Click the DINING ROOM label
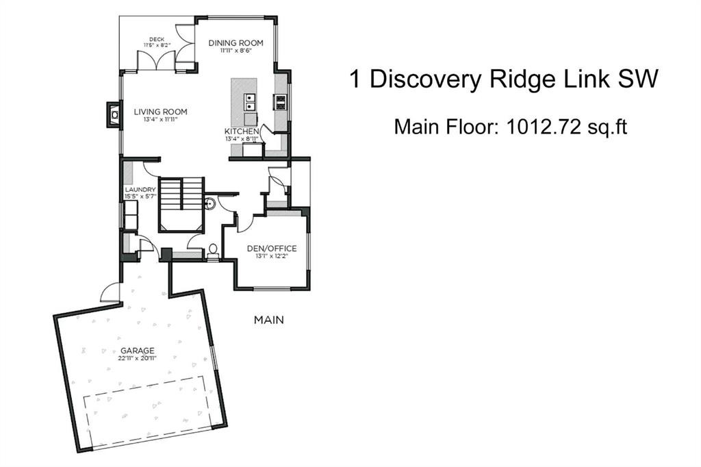[x=235, y=42]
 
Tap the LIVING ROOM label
[x=160, y=112]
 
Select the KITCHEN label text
[x=242, y=131]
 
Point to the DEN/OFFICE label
[x=272, y=248]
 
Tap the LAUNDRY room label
[x=141, y=189]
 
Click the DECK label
[x=157, y=39]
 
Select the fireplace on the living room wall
[x=112, y=115]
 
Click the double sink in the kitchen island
[x=250, y=103]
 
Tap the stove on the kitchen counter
[x=281, y=102]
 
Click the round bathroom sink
[x=211, y=203]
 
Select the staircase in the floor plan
[x=181, y=202]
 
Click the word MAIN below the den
[x=268, y=320]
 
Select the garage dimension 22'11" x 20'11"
[x=139, y=358]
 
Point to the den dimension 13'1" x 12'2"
[x=272, y=256]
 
